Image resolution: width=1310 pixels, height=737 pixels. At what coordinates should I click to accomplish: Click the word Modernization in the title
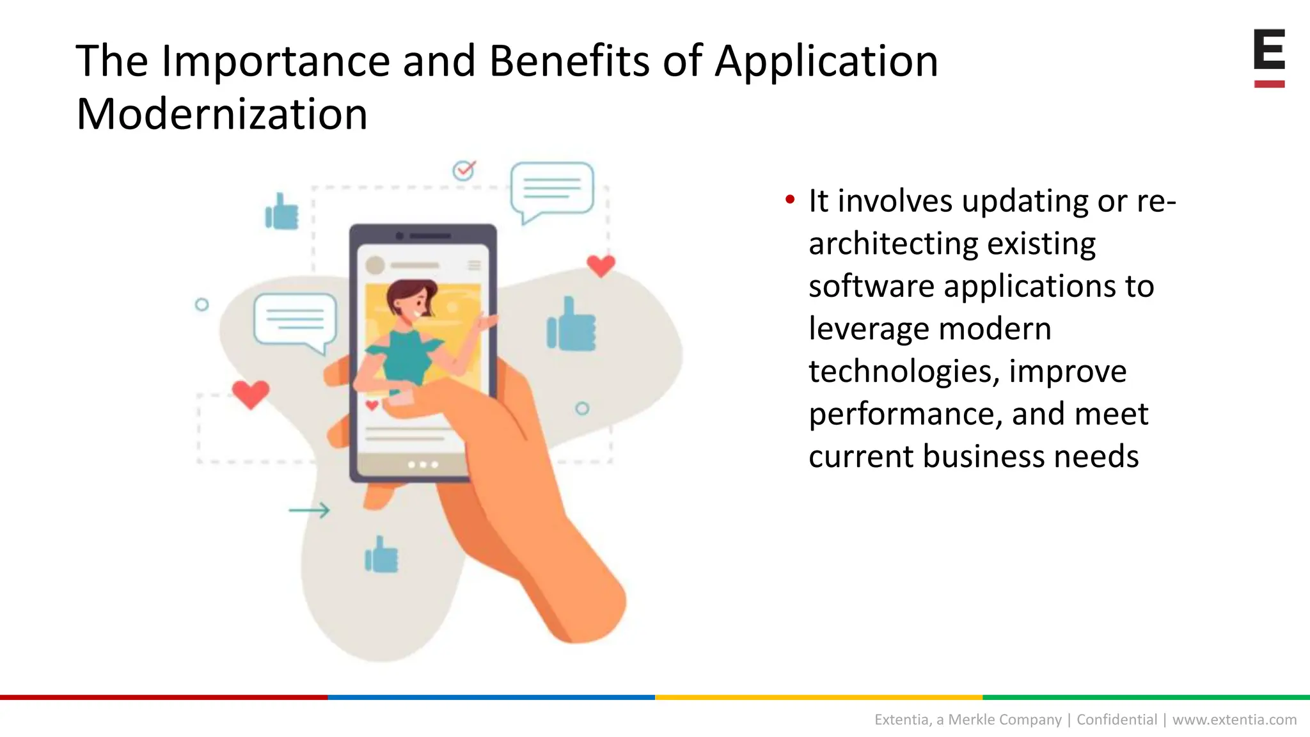[x=221, y=114]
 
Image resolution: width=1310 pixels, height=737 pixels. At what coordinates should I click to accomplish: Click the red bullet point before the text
[x=790, y=200]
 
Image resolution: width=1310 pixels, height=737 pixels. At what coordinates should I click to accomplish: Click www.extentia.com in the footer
[x=1234, y=720]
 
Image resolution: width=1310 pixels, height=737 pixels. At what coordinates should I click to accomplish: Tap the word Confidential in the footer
[x=1117, y=720]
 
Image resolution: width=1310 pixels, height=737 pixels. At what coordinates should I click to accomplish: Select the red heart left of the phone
[x=250, y=393]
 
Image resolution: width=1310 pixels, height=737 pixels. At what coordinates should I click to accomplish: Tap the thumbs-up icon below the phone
[x=381, y=555]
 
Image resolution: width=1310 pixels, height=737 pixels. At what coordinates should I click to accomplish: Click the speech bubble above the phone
[x=551, y=189]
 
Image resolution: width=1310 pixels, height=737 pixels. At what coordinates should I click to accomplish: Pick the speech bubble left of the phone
[x=295, y=320]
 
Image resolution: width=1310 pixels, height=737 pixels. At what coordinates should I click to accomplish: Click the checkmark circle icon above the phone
[x=464, y=170]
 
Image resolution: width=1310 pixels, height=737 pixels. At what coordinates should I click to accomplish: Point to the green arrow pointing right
[x=310, y=510]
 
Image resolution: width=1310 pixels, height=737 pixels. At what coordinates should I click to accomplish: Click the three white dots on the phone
[x=423, y=464]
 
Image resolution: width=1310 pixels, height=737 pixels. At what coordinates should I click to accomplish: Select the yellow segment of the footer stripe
[x=819, y=697]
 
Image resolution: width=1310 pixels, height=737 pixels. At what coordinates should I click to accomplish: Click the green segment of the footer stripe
[x=1146, y=697]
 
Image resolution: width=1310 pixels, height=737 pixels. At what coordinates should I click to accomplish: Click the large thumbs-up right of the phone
[x=572, y=325]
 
